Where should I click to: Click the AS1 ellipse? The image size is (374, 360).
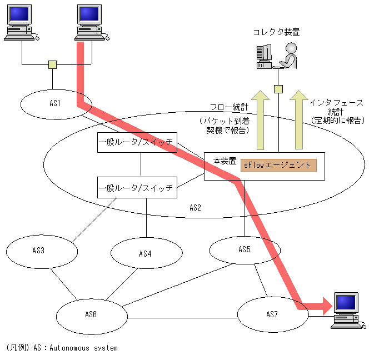point(54,103)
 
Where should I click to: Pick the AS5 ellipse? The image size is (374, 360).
point(245,249)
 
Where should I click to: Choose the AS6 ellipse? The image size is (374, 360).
point(91,314)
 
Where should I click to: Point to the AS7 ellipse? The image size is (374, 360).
point(272,314)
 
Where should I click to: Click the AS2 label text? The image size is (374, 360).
point(195,208)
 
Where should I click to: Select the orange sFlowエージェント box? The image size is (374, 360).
point(278,165)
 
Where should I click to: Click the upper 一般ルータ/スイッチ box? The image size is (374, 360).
point(137,143)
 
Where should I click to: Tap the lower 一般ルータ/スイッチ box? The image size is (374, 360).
point(137,187)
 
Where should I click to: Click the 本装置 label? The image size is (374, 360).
point(224,161)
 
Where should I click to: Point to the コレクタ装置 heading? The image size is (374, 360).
point(276,32)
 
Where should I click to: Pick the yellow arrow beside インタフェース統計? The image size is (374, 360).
point(299,119)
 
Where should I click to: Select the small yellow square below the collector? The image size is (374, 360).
point(278,89)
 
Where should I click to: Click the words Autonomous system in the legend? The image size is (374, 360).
point(83,348)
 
